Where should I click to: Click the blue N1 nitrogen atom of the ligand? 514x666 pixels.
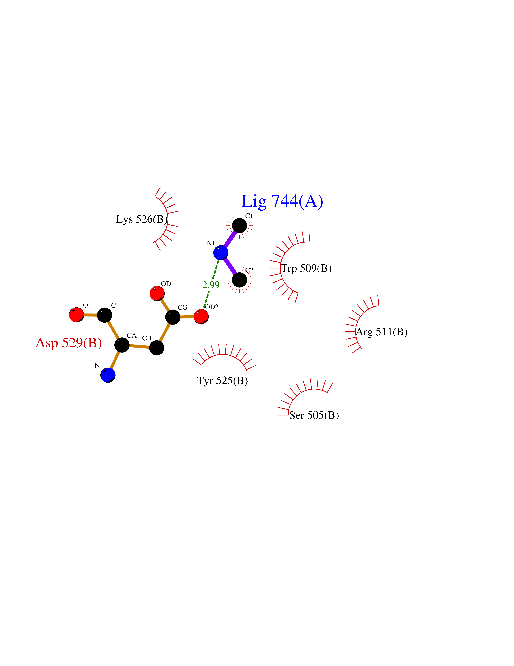click(221, 252)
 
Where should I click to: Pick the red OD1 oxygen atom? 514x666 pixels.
click(157, 293)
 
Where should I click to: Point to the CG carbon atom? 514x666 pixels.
click(173, 317)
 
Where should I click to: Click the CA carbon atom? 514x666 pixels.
click(122, 345)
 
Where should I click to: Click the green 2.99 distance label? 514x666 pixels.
click(211, 285)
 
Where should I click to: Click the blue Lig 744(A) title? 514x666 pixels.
click(282, 201)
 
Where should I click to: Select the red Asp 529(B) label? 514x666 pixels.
click(69, 343)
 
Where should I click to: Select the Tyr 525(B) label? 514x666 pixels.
click(222, 381)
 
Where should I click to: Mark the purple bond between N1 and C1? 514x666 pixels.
click(230, 239)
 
